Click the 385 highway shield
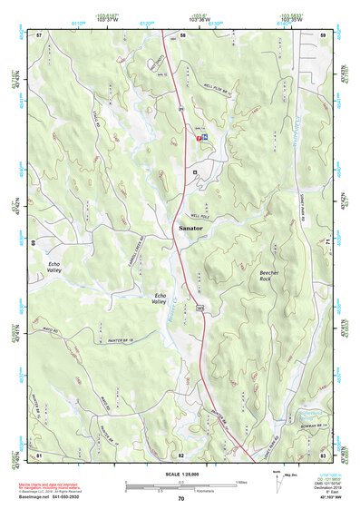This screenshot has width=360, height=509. point(198,309)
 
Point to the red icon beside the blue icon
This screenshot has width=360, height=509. point(199,136)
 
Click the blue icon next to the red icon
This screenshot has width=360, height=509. point(206,136)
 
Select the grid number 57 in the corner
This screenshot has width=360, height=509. point(39,34)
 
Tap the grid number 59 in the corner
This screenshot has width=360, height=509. point(323,34)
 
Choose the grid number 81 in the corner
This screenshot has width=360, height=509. point(39,455)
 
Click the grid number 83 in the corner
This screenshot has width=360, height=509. point(323,455)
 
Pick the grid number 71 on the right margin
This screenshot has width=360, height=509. point(327,243)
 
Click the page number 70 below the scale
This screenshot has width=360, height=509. point(181,498)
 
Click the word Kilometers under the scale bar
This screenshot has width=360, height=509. point(193,489)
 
